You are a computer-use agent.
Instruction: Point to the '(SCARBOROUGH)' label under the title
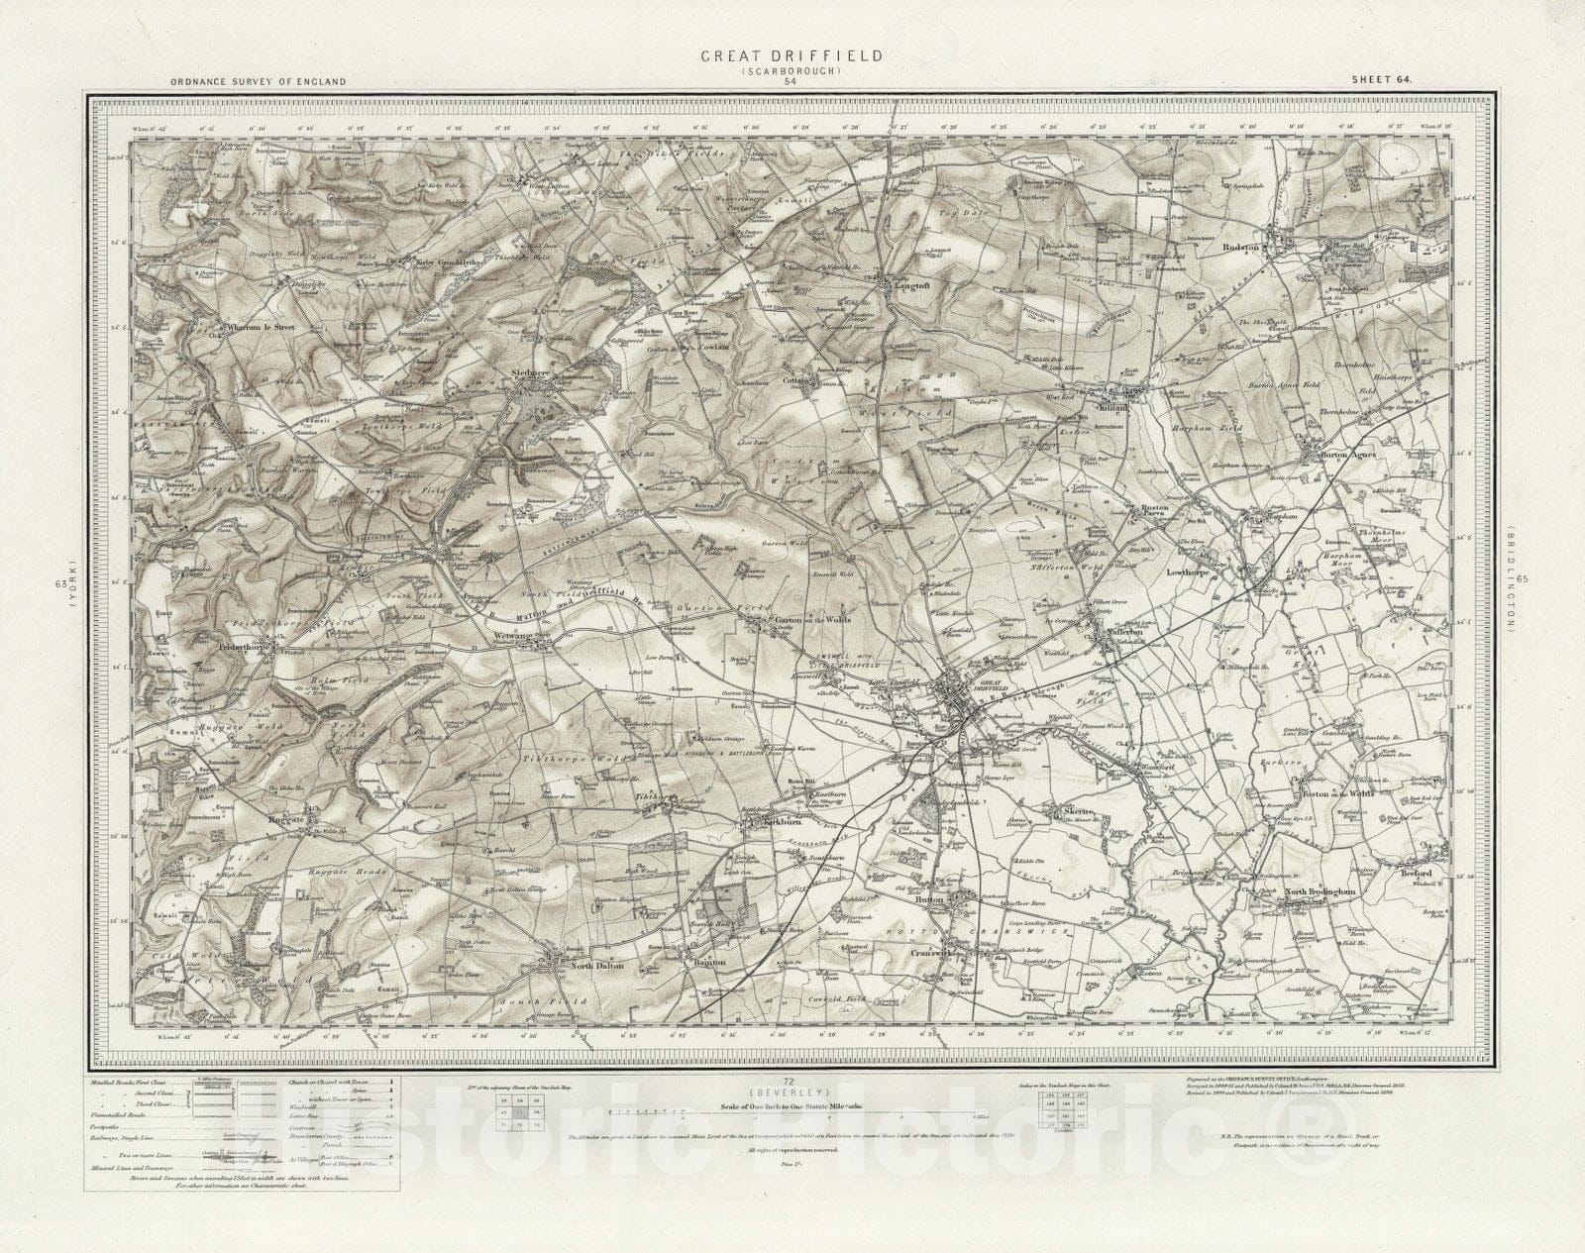tap(791, 71)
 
